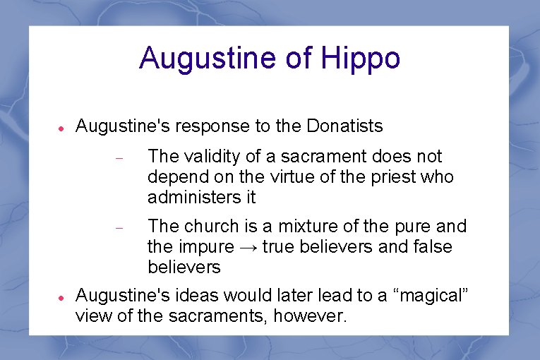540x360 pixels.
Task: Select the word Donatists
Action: coord(344,126)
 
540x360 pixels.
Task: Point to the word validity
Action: coord(214,156)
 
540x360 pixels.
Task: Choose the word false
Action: coord(431,247)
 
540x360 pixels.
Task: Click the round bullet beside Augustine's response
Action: coord(61,128)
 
